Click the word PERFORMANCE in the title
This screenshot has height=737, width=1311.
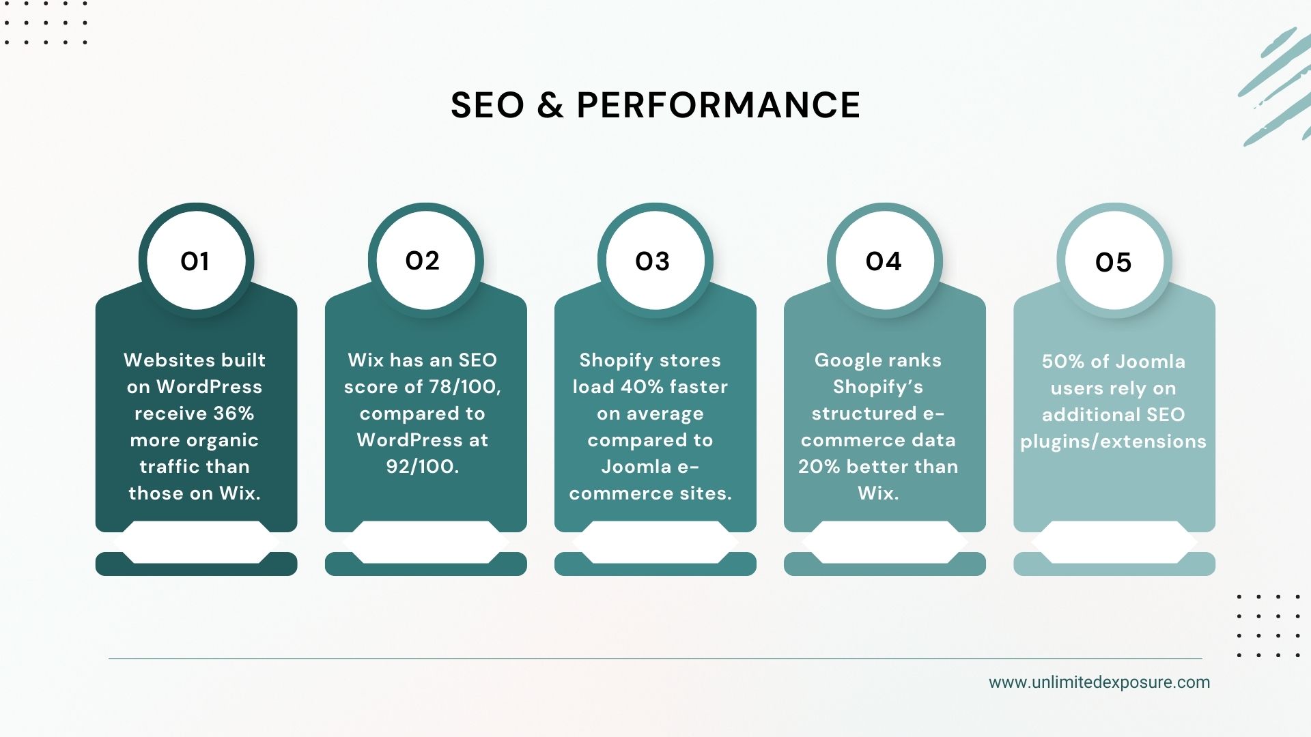tap(718, 105)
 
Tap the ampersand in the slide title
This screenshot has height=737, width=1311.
tap(550, 105)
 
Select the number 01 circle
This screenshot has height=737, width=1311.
tap(195, 261)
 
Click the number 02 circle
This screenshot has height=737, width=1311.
tap(423, 261)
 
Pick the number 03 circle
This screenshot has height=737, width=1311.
tap(653, 261)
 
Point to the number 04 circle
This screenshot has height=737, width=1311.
tap(884, 261)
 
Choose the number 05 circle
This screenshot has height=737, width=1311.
tap(1113, 263)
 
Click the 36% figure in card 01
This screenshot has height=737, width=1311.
tap(234, 414)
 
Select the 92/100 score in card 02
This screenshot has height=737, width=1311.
tap(422, 467)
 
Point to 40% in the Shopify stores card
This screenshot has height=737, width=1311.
tap(642, 387)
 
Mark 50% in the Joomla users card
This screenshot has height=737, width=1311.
tap(1058, 362)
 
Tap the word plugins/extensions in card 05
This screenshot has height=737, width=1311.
tap(1113, 442)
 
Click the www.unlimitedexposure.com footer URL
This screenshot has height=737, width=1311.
tap(1099, 682)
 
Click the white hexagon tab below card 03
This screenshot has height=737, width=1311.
tap(655, 543)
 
